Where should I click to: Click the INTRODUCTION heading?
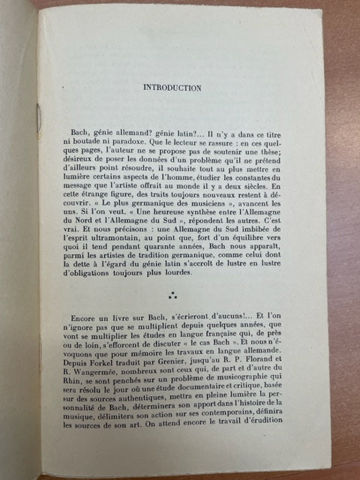172,88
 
